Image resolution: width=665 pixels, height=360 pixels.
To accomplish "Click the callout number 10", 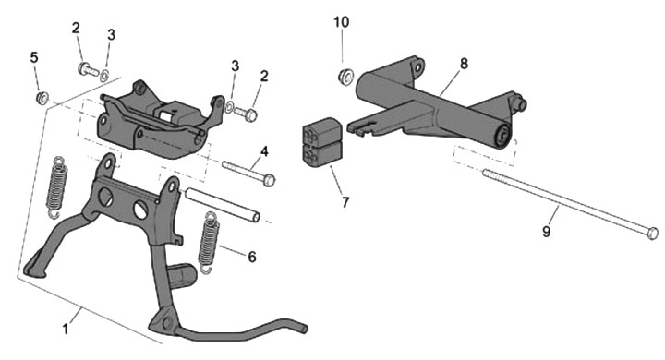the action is pyautogui.click(x=342, y=22).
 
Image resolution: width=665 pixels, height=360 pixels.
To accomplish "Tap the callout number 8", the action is pyautogui.click(x=464, y=64).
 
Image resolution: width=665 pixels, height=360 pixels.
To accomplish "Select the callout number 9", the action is pyautogui.click(x=546, y=232).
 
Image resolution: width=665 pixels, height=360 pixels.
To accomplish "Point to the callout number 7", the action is pyautogui.click(x=345, y=202).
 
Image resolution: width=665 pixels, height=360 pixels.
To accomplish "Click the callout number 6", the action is pyautogui.click(x=252, y=257).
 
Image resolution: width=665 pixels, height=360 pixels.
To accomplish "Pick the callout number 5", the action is pyautogui.click(x=34, y=57).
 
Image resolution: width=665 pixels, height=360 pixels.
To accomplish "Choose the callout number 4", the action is pyautogui.click(x=264, y=151).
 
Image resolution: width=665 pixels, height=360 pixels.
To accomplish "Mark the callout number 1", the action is pyautogui.click(x=65, y=329).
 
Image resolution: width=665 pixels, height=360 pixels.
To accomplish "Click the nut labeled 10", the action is pyautogui.click(x=346, y=78).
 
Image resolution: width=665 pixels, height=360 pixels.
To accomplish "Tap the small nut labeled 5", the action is pyautogui.click(x=42, y=99).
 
